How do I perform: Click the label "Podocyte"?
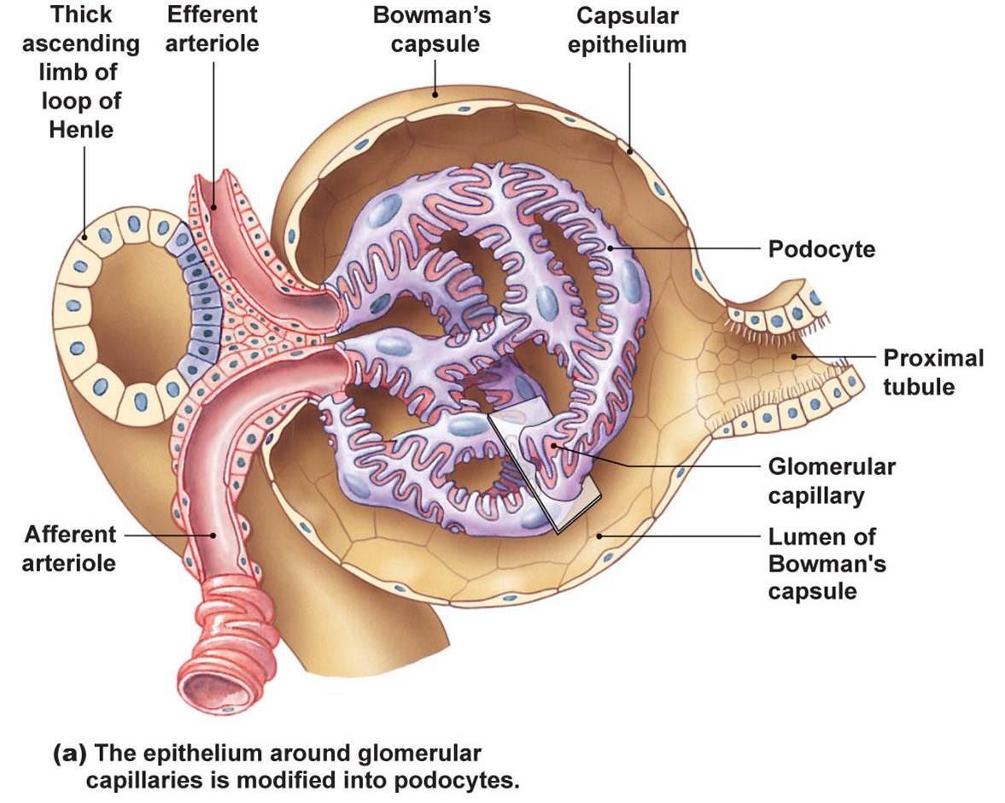pos(821,249)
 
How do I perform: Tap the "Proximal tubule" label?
pos(933,372)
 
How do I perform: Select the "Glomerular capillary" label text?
pos(831,481)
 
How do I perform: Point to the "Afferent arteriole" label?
pos(70,548)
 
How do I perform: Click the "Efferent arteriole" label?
pos(212,29)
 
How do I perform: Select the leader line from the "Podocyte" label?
pos(683,249)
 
